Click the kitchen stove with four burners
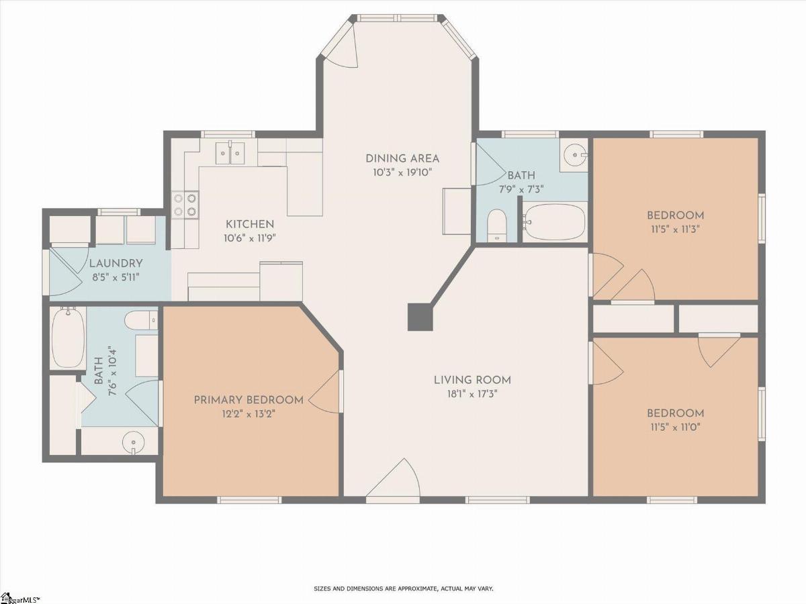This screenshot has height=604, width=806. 185,205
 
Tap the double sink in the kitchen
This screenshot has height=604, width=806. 230,153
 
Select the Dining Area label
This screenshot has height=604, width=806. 402,159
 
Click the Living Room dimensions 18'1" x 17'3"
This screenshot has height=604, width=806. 472,394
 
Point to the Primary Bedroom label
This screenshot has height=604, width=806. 249,400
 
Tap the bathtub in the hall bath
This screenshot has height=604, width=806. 554,222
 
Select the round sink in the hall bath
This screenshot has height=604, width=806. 575,155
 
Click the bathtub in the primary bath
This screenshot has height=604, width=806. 69,338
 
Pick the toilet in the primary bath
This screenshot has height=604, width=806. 141,320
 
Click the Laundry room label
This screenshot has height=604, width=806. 116,263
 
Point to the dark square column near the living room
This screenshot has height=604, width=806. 420,317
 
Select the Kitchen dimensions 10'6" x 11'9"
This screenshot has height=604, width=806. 250,239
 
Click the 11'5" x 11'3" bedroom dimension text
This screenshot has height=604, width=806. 675,230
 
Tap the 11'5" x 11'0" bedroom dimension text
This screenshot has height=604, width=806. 675,427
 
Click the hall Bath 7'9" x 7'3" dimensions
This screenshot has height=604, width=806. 521,190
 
